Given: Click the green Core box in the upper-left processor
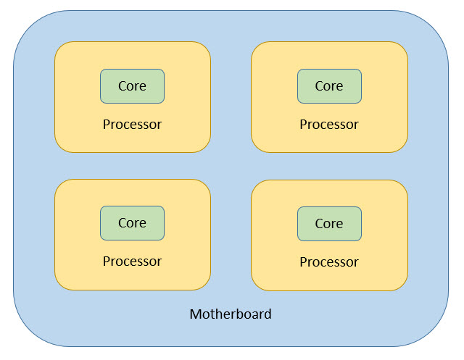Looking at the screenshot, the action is coord(132,86).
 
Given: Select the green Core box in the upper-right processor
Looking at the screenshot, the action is coord(329,86).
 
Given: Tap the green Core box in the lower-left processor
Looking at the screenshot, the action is coord(132,223).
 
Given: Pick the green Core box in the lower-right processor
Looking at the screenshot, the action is coord(329,224).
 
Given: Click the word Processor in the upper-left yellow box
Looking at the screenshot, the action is coord(132,125).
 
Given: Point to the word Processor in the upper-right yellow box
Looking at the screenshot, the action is coord(329,125).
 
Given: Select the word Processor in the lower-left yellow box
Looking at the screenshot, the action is coord(132,261).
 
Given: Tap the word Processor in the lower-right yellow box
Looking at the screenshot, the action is coord(329,262).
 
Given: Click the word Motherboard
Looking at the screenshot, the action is coord(231,314).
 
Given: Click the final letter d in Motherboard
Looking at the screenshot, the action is coord(268,314).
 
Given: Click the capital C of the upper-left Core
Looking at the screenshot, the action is coord(123,86).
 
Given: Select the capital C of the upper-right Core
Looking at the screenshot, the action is coord(319,86).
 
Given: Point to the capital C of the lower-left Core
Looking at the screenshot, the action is coord(123,223).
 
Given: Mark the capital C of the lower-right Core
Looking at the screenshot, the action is coord(319,224).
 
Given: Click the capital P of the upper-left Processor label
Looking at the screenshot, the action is coord(107,125).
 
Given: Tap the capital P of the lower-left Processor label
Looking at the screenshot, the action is coord(107,261).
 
